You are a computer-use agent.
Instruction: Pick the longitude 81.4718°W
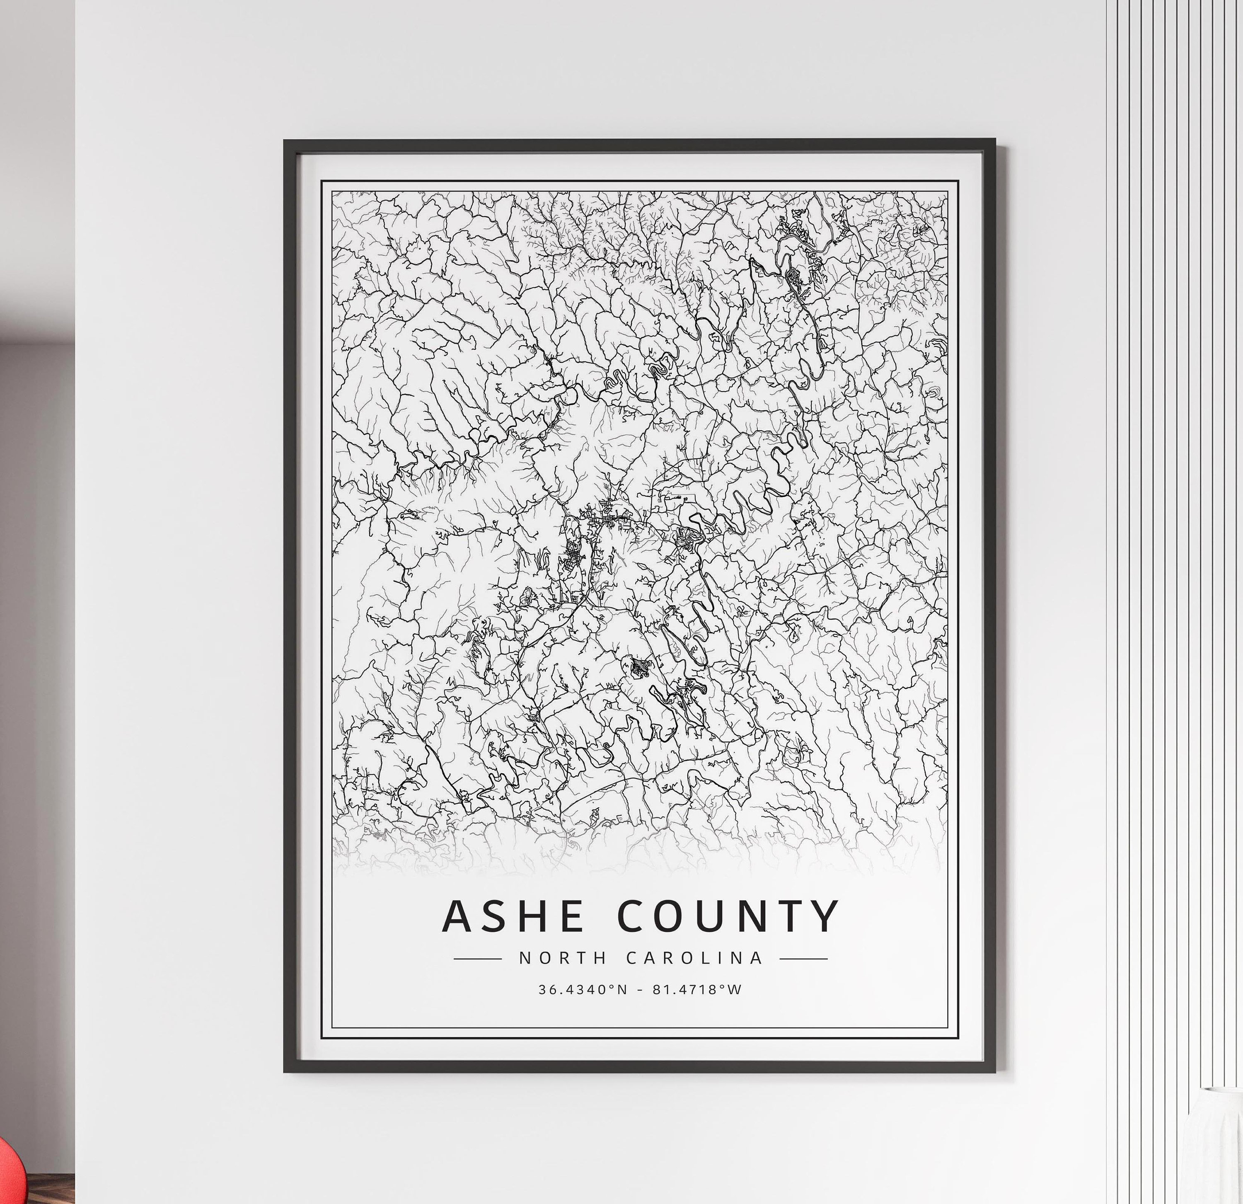point(697,989)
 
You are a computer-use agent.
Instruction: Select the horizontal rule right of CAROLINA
point(803,959)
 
